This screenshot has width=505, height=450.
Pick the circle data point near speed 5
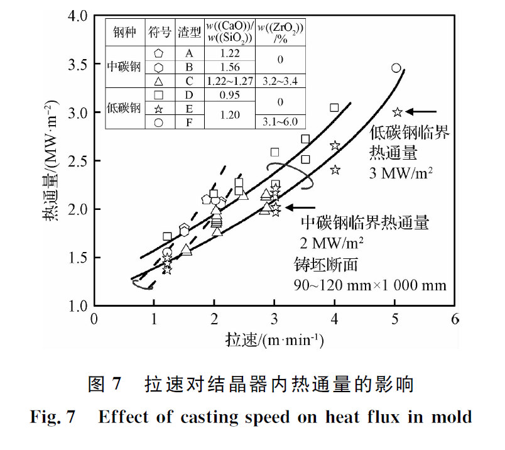tap(396, 68)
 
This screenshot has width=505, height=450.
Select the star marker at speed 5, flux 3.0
tap(397, 112)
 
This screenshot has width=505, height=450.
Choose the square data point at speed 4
tap(334, 107)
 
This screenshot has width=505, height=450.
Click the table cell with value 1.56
tap(230, 67)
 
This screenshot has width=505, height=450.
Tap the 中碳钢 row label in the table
tap(124, 67)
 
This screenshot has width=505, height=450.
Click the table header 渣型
tap(188, 31)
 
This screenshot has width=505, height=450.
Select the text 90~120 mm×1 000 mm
tap(370, 285)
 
